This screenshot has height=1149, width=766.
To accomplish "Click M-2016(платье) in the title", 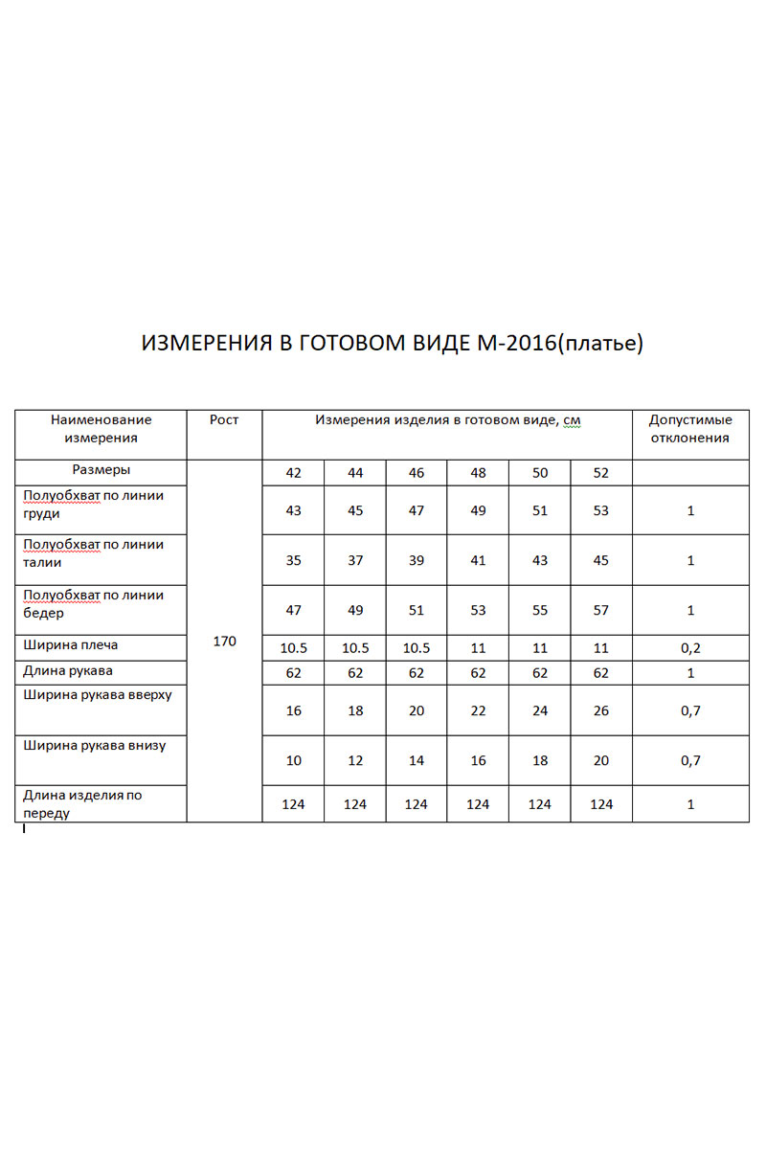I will (x=559, y=344).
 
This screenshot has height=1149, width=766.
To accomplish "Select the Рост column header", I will (x=224, y=420).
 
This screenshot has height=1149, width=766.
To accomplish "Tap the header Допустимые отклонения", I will (x=690, y=429).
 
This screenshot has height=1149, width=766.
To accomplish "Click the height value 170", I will (x=224, y=641).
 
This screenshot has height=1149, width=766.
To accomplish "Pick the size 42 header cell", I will (x=293, y=473).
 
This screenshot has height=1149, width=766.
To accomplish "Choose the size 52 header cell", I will (x=601, y=473).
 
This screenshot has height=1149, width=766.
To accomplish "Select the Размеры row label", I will (x=101, y=470).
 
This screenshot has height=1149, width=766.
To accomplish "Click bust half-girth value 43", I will (x=293, y=510).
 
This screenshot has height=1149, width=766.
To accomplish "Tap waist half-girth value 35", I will (x=293, y=560).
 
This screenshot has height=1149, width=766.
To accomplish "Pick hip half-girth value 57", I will (x=601, y=610).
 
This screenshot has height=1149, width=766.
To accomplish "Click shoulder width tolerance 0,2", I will (x=690, y=648).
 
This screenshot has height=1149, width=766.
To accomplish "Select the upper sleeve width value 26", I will (x=601, y=710).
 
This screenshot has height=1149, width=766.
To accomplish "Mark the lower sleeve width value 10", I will (x=293, y=760).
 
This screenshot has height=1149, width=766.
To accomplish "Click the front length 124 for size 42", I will (x=293, y=804).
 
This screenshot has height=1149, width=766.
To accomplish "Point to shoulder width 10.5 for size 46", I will (x=417, y=648).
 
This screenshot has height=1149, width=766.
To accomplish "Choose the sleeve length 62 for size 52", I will (x=601, y=673).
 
